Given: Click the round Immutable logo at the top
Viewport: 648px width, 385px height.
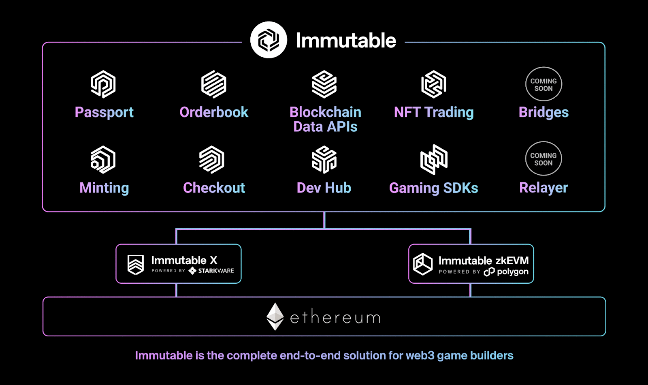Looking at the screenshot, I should [269, 40].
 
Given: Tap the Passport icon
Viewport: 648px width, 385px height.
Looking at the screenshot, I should [103, 84].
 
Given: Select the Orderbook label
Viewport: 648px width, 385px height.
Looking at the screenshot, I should [214, 112].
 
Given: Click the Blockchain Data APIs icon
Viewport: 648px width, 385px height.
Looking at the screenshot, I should [324, 84].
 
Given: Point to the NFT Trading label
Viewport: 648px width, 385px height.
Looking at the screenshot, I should [434, 112].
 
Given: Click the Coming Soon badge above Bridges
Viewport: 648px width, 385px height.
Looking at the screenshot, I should [544, 84].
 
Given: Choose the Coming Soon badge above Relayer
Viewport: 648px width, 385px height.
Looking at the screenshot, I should [544, 159].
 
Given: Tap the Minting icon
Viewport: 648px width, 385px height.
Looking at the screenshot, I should [103, 160].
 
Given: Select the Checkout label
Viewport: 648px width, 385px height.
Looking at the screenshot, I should [214, 188].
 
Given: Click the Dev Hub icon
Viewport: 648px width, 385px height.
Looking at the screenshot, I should [324, 160].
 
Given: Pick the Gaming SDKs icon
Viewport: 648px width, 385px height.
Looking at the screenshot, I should [434, 160].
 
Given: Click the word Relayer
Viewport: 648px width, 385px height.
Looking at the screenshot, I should [544, 188].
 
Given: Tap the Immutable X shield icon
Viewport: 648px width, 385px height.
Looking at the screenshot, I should [136, 265].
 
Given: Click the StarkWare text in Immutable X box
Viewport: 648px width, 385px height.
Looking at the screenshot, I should [216, 271].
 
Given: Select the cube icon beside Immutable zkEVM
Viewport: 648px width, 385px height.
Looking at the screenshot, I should [423, 264].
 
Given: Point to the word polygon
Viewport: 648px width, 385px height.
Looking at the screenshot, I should [512, 272].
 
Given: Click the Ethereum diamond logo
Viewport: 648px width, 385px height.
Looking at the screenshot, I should [275, 317].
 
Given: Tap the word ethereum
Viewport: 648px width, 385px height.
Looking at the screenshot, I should [335, 317].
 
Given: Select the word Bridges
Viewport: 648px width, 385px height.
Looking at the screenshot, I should [544, 112].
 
